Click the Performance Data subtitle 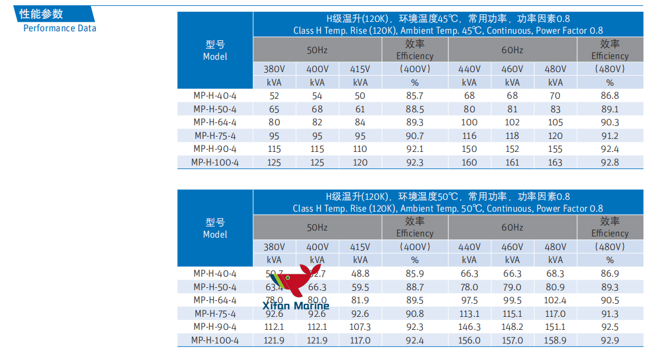pos(59,28)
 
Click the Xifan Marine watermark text pos(296,306)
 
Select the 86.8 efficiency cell pos(610,96)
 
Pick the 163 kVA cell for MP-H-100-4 pos(555,163)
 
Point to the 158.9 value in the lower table pos(555,340)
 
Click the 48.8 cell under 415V pos(360,274)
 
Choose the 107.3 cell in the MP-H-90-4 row pos(360,327)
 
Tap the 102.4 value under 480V pos(555,300)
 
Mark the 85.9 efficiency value pos(414,274)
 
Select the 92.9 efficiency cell pos(610,340)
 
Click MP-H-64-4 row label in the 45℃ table pos(215,122)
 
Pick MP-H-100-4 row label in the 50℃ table pos(215,340)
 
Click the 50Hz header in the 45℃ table pos(317,50)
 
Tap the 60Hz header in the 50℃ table pos(513,228)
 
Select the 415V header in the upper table pos(360,69)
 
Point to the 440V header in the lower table pos(469,247)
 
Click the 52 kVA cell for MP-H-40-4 pos(274,96)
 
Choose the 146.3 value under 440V pos(469,327)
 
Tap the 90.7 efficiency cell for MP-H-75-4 pos(414,136)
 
